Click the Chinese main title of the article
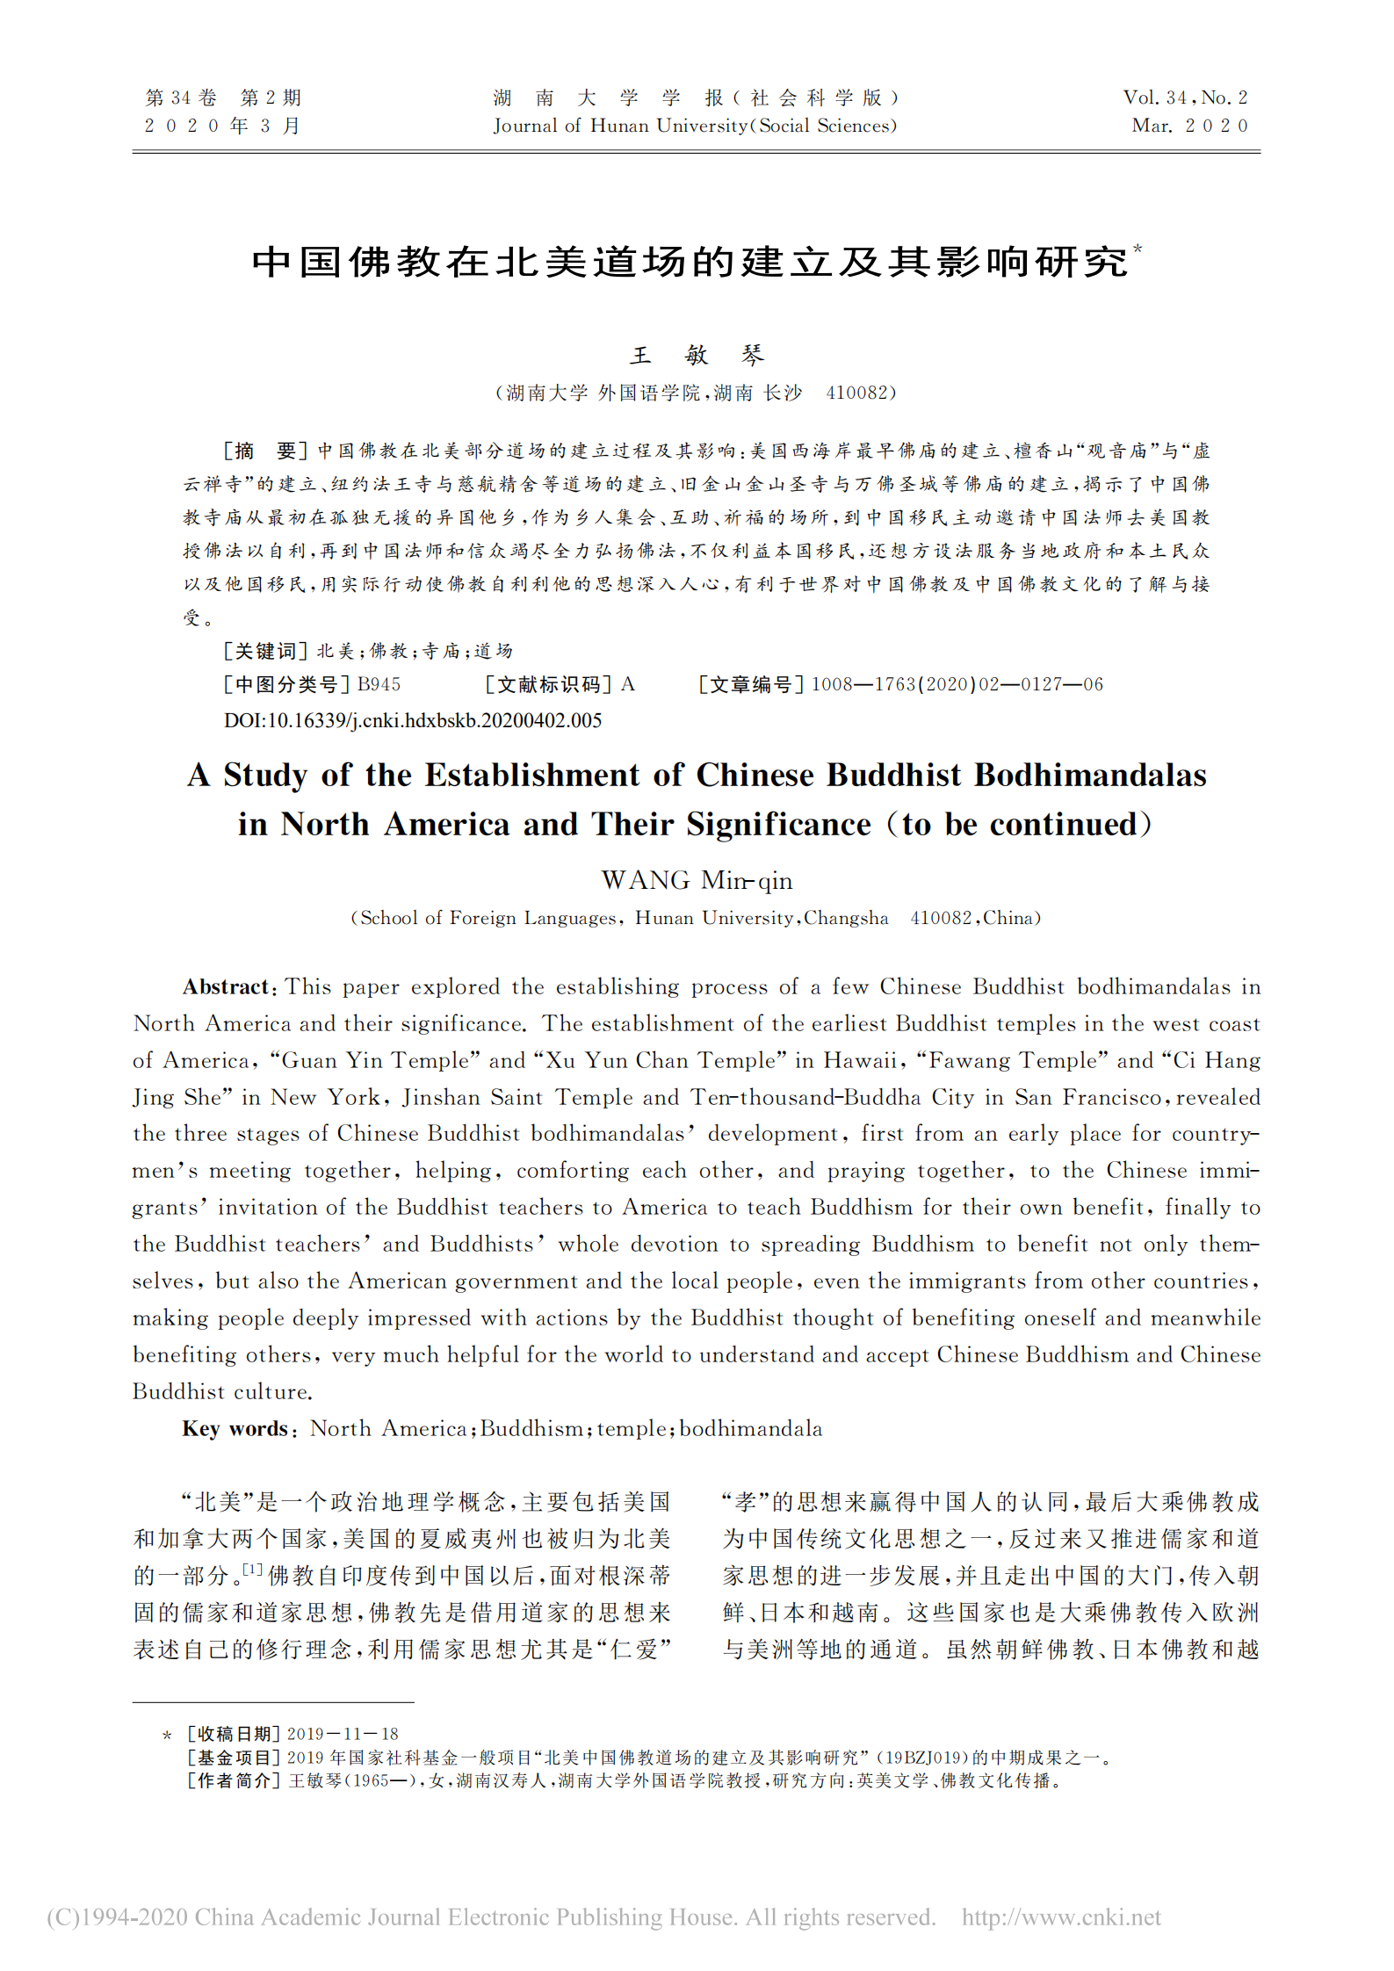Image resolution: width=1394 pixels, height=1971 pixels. pos(690,262)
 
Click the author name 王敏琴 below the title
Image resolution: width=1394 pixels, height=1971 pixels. pos(697,355)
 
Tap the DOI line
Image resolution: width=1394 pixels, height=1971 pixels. pos(413,720)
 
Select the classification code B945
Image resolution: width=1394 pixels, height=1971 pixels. pos(379,684)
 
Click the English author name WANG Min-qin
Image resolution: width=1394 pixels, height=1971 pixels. pos(697,880)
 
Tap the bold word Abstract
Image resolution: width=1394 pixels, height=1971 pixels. pos(225,986)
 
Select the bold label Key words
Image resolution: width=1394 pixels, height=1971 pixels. pos(235,1428)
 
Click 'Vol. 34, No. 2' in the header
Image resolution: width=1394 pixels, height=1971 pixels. pos(1185,97)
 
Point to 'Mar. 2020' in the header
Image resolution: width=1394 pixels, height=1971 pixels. pos(1189,126)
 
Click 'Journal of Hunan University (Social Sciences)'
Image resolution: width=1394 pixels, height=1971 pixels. pos(695,126)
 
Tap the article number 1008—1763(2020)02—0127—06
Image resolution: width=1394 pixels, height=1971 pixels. pos(957,684)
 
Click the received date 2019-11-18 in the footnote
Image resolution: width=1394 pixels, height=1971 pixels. pos(343,1734)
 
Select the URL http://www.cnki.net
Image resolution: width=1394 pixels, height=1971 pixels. pos(1060,1917)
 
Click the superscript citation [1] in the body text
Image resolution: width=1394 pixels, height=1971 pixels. pos(253,1569)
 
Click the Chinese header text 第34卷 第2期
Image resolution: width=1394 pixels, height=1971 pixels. pos(223,97)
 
